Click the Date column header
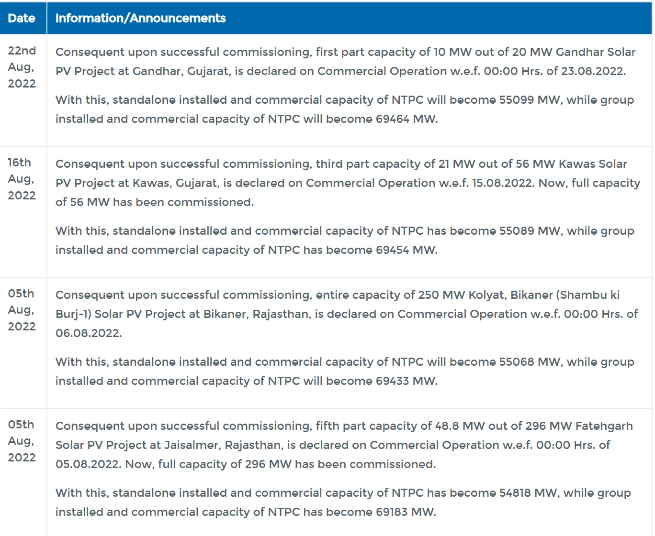pyautogui.click(x=22, y=18)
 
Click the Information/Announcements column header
pyautogui.click(x=140, y=18)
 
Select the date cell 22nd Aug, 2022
pyautogui.click(x=22, y=67)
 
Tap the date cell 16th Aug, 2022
pyautogui.click(x=22, y=179)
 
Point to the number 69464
pyautogui.click(x=392, y=119)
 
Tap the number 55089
pyautogui.click(x=517, y=231)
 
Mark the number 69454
pyautogui.click(x=392, y=250)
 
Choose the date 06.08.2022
pyautogui.click(x=88, y=333)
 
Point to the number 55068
pyautogui.click(x=517, y=362)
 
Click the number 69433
pyautogui.click(x=392, y=381)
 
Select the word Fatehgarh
pyautogui.click(x=604, y=426)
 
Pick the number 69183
pyautogui.click(x=391, y=512)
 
